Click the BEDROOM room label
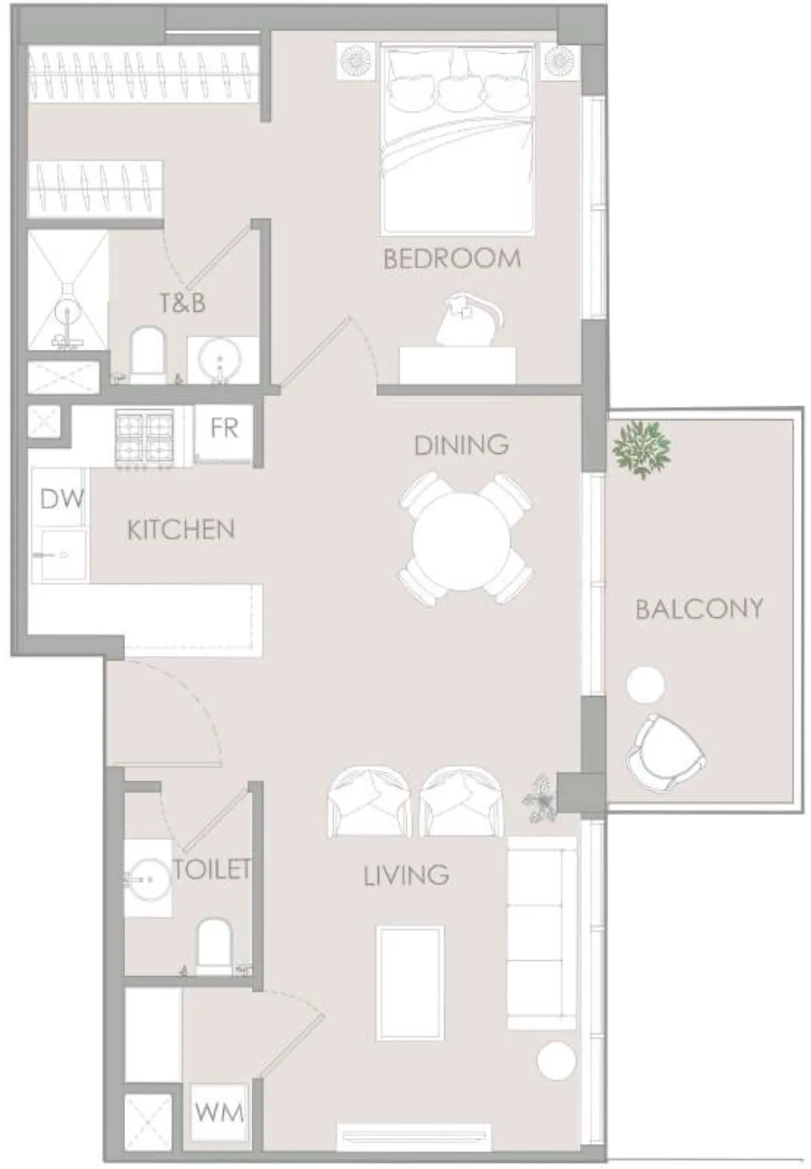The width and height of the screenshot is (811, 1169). click(452, 259)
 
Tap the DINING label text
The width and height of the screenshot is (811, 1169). click(461, 445)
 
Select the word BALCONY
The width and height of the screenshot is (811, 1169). click(699, 608)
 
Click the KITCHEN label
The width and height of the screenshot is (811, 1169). click(181, 529)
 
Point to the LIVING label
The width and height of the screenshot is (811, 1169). click(406, 875)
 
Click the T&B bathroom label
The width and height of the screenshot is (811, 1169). click(182, 303)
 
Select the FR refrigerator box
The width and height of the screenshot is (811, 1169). click(224, 429)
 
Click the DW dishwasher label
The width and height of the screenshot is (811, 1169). click(61, 499)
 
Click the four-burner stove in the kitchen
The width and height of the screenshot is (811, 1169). click(144, 438)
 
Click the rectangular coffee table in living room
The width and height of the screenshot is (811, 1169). click(410, 982)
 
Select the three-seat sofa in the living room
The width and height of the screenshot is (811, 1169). click(542, 932)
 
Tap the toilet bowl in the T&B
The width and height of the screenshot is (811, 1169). click(147, 354)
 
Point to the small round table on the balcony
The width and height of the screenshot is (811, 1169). click(645, 685)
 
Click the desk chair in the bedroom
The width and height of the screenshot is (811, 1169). click(465, 320)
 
